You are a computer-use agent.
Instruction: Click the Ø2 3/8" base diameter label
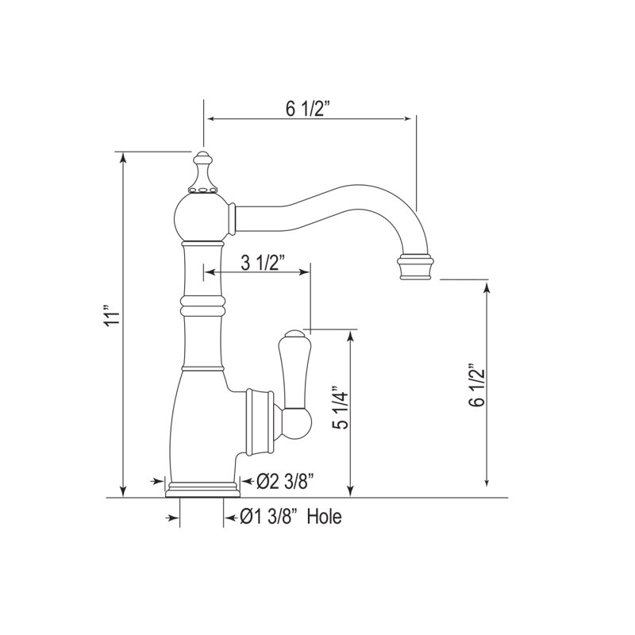(286, 482)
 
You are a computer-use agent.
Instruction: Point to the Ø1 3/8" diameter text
(267, 517)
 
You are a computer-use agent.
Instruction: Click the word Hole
(324, 517)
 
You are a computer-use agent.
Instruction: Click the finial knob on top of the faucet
(203, 172)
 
